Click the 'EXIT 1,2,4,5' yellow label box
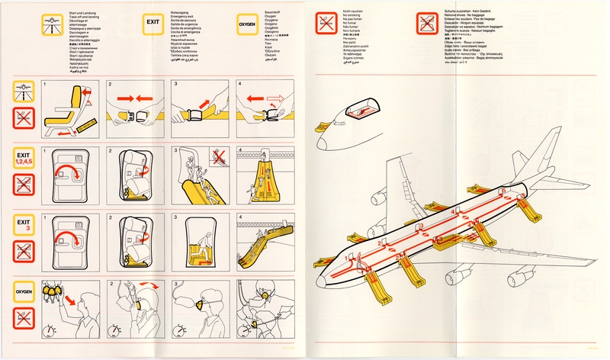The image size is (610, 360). coord(26,157)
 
